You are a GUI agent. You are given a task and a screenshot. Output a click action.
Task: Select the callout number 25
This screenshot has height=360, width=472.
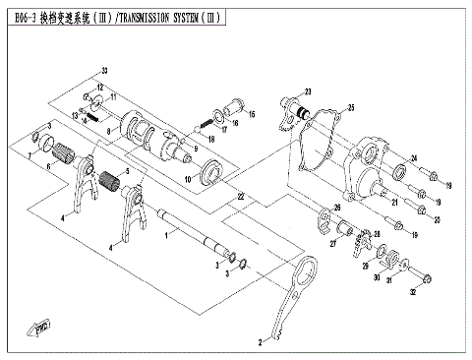point(351,107)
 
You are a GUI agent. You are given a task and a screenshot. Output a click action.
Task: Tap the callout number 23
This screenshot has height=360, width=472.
point(307,90)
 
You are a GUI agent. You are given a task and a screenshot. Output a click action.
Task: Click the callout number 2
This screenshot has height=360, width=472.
point(260,343)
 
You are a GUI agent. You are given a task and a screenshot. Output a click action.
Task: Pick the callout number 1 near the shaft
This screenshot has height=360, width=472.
point(168,236)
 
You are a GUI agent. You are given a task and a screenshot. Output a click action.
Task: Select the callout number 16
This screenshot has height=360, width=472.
point(251,115)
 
